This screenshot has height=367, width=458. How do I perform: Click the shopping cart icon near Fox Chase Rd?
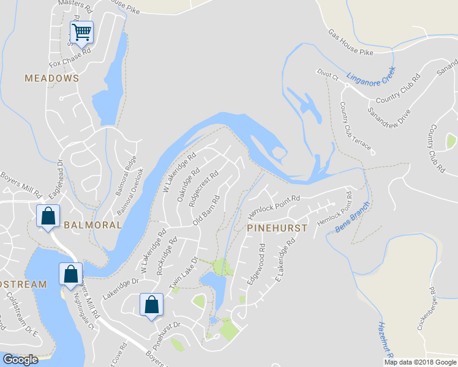81,31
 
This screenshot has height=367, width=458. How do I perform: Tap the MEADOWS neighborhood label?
52,78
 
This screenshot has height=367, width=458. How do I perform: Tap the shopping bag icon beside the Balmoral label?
48,216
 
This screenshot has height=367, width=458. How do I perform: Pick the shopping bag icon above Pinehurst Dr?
151,305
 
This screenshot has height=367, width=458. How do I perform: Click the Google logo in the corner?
20,360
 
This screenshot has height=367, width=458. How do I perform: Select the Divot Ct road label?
328,75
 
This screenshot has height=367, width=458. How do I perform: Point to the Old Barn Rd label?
206,210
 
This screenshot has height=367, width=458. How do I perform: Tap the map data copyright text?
419,362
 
